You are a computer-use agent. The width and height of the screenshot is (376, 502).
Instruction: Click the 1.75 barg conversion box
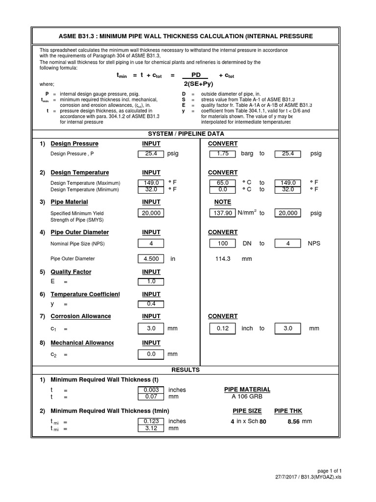223,153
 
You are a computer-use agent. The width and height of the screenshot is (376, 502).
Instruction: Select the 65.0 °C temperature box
223,182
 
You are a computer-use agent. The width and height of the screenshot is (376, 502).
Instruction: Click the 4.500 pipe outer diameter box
151,259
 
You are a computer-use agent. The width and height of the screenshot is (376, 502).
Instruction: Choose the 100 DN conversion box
223,243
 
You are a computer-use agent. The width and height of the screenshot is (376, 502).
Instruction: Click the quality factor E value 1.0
151,281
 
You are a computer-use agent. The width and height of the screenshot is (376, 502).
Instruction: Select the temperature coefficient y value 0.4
151,304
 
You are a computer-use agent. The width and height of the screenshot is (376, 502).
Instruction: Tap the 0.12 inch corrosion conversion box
223,328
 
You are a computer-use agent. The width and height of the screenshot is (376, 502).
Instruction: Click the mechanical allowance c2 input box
151,354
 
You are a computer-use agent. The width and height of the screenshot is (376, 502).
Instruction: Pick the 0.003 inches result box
151,390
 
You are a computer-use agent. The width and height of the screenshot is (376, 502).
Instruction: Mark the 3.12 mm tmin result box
151,428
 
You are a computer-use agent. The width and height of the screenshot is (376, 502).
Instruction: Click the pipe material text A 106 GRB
247,397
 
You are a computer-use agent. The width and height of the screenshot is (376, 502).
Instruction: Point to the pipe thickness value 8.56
294,421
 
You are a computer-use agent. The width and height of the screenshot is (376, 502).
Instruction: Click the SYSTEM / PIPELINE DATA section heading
186,133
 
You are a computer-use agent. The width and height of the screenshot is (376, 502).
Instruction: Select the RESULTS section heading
186,370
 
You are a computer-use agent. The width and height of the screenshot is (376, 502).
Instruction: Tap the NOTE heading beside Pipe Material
223,202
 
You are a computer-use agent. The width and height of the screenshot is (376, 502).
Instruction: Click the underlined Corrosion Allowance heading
81,316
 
